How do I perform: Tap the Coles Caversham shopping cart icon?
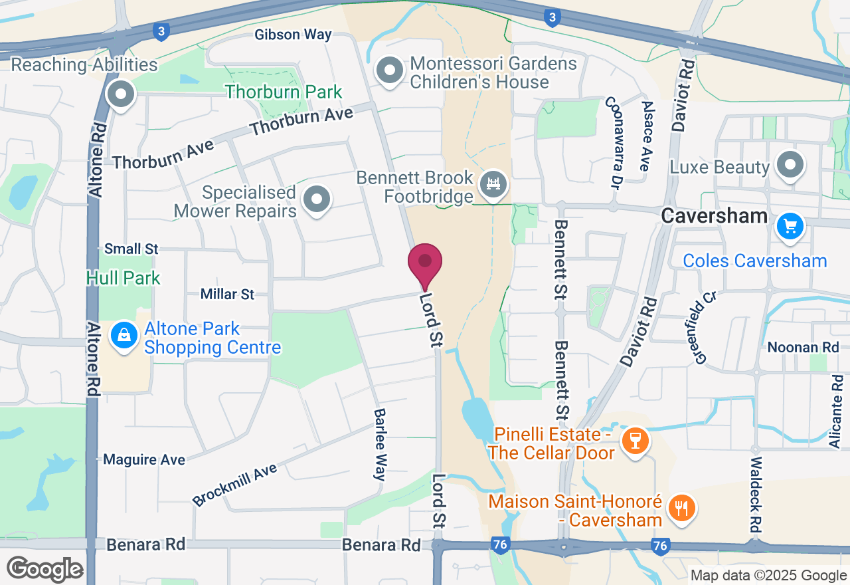[790, 227]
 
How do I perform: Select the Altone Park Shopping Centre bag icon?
[124, 336]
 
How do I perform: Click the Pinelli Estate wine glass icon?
[635, 440]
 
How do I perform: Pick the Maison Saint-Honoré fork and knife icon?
[681, 508]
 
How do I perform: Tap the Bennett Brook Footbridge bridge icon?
[493, 184]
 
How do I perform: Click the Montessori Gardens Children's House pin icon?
[390, 71]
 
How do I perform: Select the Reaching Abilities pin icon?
[121, 94]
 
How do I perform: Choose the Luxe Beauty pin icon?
[790, 165]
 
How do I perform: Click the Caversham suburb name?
[715, 216]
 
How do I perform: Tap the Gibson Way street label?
[294, 35]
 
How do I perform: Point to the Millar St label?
[228, 294]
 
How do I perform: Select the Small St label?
[131, 249]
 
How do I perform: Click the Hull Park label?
[124, 277]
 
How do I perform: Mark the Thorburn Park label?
[284, 92]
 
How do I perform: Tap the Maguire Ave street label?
[144, 460]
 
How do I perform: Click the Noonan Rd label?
[803, 347]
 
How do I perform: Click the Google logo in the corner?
[44, 569]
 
